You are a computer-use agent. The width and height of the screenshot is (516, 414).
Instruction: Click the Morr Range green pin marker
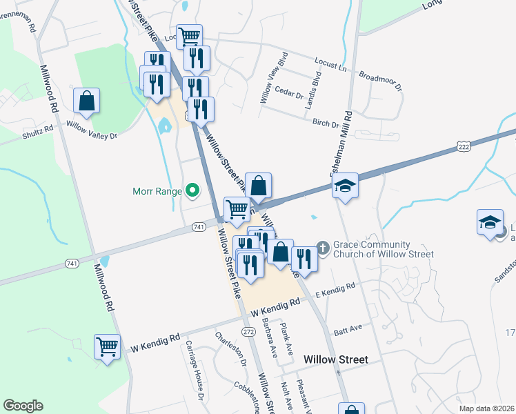pyautogui.click(x=194, y=191)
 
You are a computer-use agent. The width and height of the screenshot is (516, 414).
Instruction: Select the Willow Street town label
pyautogui.click(x=336, y=359)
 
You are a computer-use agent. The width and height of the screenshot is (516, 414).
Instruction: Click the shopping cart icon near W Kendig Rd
pyautogui.click(x=108, y=346)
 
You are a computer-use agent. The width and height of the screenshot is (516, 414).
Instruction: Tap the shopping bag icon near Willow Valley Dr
pyautogui.click(x=88, y=101)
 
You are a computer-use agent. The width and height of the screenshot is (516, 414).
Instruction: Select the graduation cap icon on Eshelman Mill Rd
pyautogui.click(x=345, y=186)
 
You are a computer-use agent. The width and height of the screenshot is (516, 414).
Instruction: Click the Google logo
pyautogui.click(x=23, y=406)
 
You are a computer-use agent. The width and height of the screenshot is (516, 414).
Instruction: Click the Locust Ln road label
pyautogui.click(x=328, y=63)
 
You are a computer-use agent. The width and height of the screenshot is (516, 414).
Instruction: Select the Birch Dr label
pyautogui.click(x=326, y=124)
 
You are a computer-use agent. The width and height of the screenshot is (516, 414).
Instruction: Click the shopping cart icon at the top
pyautogui.click(x=188, y=36)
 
